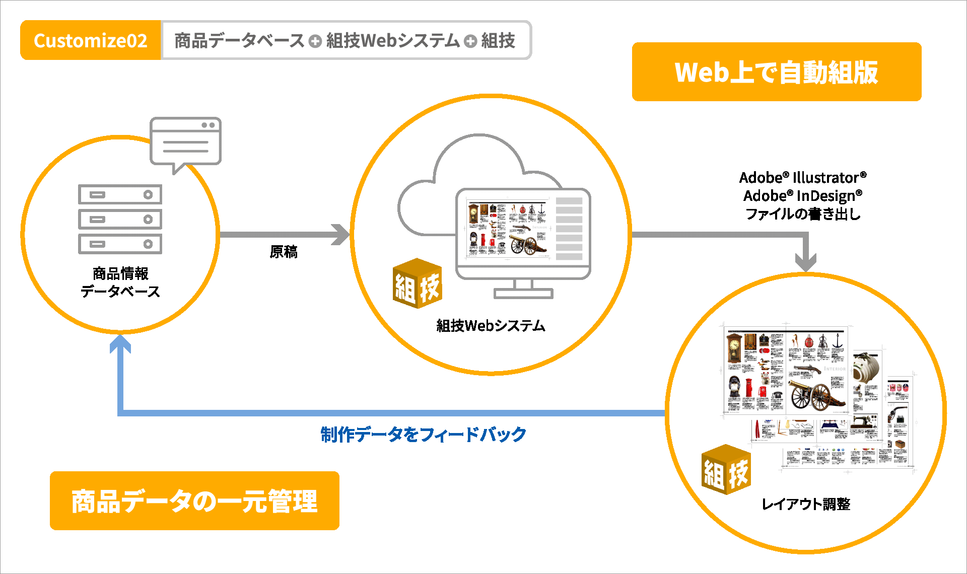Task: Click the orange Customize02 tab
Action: coord(91,40)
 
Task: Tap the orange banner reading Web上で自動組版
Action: coord(776,72)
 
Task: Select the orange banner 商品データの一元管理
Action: coord(194,501)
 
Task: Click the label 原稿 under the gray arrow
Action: coord(284,252)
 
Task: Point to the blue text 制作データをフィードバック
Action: coord(423,434)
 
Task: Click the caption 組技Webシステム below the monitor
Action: coord(491,326)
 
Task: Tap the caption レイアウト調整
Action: coord(806,504)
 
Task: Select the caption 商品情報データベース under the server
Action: coord(120,282)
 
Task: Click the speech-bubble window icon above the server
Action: coord(185,142)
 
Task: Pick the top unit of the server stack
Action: coord(120,194)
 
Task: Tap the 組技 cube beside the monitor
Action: coord(417,284)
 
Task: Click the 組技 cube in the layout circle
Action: coord(726,470)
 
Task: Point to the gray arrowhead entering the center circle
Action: coord(341,235)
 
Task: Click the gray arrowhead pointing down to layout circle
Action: coord(805,262)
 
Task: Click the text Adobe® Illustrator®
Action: coord(803,177)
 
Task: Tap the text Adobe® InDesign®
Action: coord(803,195)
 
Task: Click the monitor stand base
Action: coord(523,293)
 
